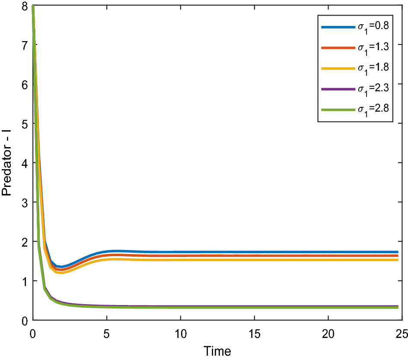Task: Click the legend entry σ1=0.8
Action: pyautogui.click(x=373, y=27)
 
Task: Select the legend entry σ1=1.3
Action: pyautogui.click(x=373, y=47)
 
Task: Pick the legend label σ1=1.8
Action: pyautogui.click(x=373, y=68)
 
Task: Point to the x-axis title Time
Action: pyautogui.click(x=217, y=351)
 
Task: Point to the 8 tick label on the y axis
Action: pyautogui.click(x=24, y=6)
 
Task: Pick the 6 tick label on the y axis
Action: pyautogui.click(x=24, y=84)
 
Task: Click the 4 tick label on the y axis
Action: pyautogui.click(x=24, y=163)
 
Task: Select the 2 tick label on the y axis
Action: pyautogui.click(x=24, y=241)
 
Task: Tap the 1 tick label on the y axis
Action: pyautogui.click(x=24, y=281)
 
